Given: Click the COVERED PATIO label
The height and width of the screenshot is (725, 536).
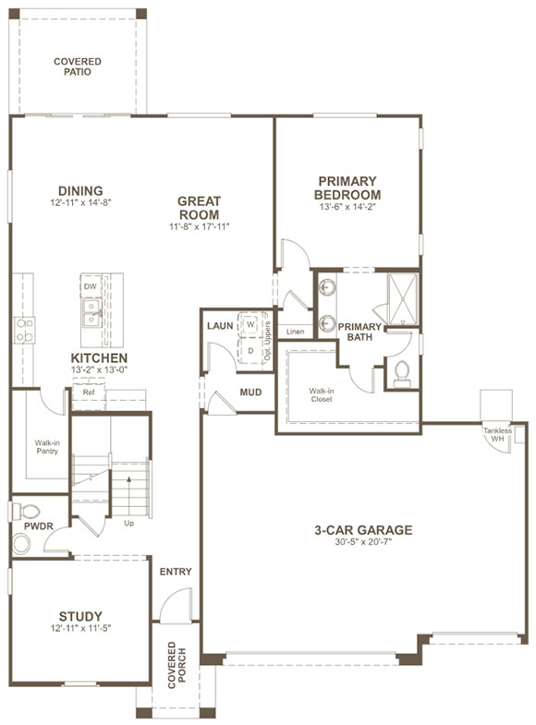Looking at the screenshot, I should coord(78,66).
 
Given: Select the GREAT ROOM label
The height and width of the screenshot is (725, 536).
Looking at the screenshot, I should coord(198,208).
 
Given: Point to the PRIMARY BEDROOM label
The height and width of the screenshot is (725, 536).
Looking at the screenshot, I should coord(347,188).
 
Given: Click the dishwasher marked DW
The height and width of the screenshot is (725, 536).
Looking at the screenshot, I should coord(91,287).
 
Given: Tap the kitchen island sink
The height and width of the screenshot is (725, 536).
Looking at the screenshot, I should coord(91,318).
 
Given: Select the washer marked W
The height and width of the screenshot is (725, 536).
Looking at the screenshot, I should coord(250,326).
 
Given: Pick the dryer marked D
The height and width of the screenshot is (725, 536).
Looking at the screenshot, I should coord(250,351).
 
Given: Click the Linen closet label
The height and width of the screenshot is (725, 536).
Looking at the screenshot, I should coord(295,332).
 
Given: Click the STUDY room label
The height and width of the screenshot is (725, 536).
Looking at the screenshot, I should coord(80,616).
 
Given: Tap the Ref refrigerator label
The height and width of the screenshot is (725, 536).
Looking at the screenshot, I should coord(89,393).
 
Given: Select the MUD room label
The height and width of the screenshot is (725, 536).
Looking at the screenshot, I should coord(250,393).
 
